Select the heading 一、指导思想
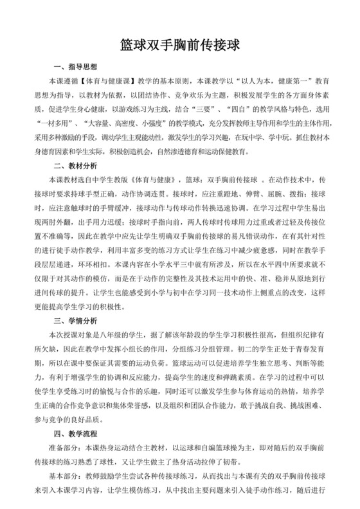(75, 67)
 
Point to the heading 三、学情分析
(75, 319)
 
